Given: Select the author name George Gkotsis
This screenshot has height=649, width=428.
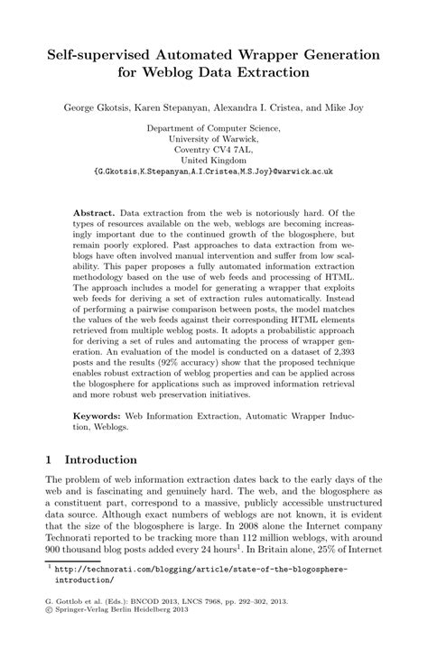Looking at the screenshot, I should point(99,107).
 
